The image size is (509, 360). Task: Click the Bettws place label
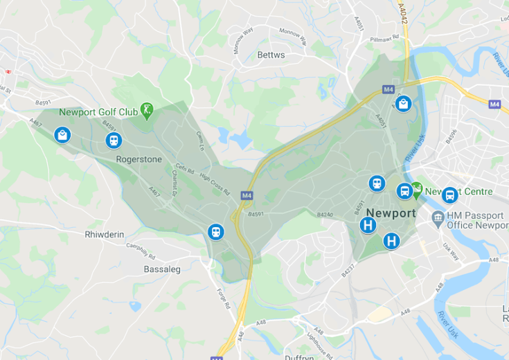click(x=270, y=55)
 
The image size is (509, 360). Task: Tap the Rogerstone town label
click(x=139, y=159)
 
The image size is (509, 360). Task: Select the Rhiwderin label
click(x=104, y=235)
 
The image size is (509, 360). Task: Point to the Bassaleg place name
click(x=161, y=269)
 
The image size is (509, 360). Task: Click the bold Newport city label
click(x=391, y=213)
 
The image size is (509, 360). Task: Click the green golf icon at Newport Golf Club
click(x=146, y=109)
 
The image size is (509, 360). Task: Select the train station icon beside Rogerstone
click(x=114, y=141)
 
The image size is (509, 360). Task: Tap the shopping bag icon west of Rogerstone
click(x=62, y=135)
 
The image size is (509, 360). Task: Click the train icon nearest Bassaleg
click(x=216, y=232)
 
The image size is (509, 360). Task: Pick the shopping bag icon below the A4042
click(x=403, y=105)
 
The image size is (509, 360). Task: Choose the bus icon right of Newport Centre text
click(x=449, y=195)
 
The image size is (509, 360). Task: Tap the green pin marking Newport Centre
click(x=417, y=188)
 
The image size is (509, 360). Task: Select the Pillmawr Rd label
click(x=385, y=40)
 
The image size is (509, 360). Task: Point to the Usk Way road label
click(x=452, y=251)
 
